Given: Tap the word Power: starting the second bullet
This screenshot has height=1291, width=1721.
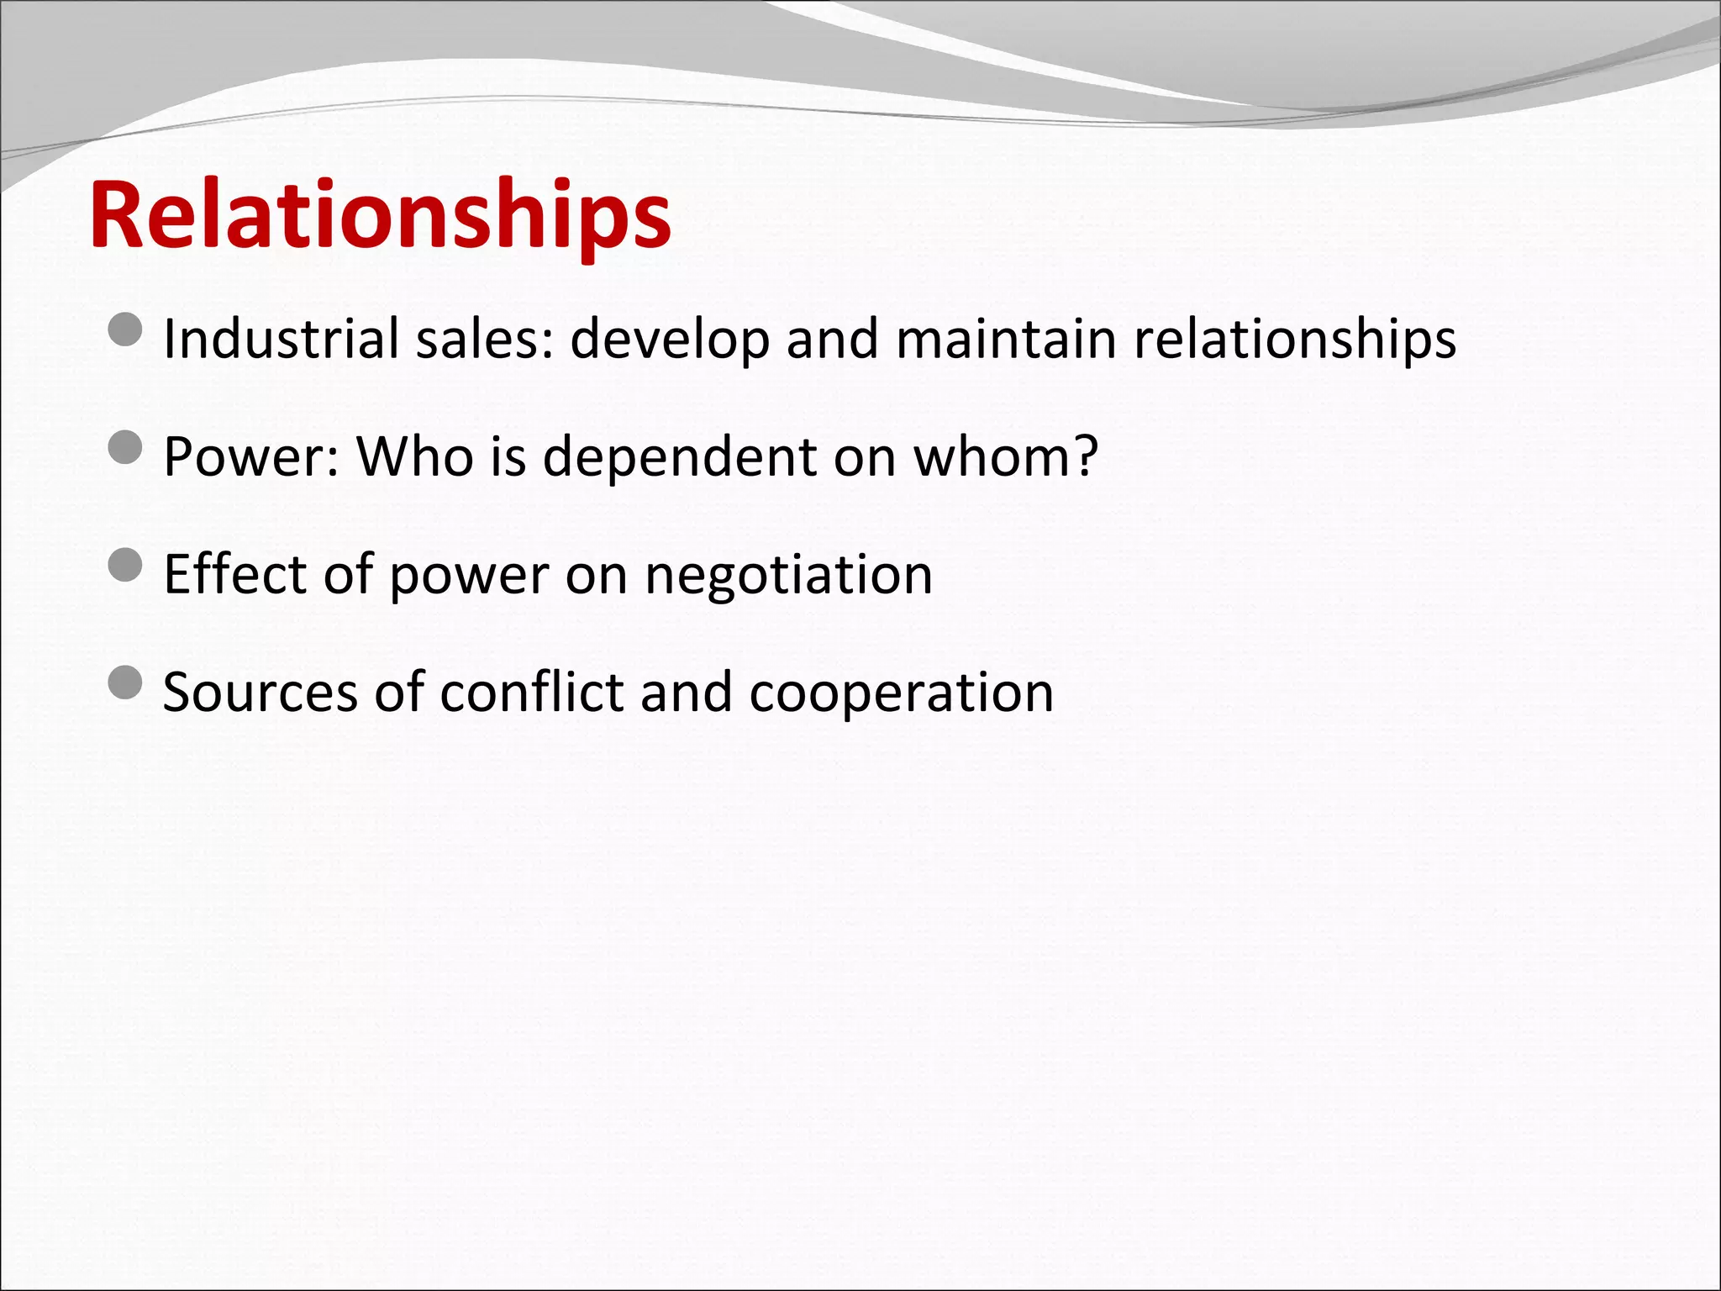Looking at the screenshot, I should tap(251, 458).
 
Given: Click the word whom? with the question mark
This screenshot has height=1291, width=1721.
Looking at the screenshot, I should tap(1006, 456).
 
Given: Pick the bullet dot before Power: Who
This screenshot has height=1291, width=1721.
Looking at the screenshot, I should tap(126, 447).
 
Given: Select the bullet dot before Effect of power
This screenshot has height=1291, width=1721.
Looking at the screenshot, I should tap(126, 565).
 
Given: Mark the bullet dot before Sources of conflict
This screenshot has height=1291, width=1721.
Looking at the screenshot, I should tap(126, 682).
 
